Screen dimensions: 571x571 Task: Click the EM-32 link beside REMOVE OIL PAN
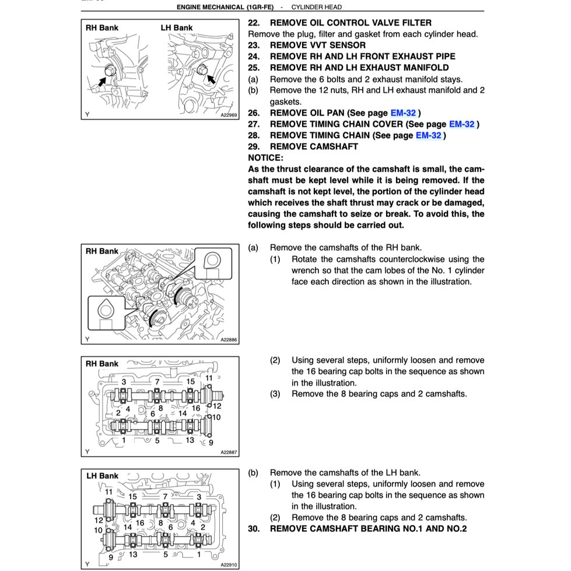pos(403,113)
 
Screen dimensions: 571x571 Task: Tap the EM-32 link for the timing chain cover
pos(461,124)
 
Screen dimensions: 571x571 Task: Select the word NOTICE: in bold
pos(265,157)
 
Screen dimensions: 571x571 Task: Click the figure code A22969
pos(229,115)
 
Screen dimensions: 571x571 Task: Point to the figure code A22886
pos(229,340)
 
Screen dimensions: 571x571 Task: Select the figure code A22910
pos(229,565)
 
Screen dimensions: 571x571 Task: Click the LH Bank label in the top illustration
pos(177,27)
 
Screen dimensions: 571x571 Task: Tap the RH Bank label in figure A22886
pos(101,251)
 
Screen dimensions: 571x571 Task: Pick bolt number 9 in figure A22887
pos(211,443)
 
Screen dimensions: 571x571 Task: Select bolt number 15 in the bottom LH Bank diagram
pos(132,496)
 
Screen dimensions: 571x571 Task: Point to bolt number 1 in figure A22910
pos(199,554)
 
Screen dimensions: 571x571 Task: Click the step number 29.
pos(254,146)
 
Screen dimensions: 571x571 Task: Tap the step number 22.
pos(254,23)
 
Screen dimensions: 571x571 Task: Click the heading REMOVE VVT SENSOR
pos(317,45)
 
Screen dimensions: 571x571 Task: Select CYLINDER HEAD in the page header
pos(316,7)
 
